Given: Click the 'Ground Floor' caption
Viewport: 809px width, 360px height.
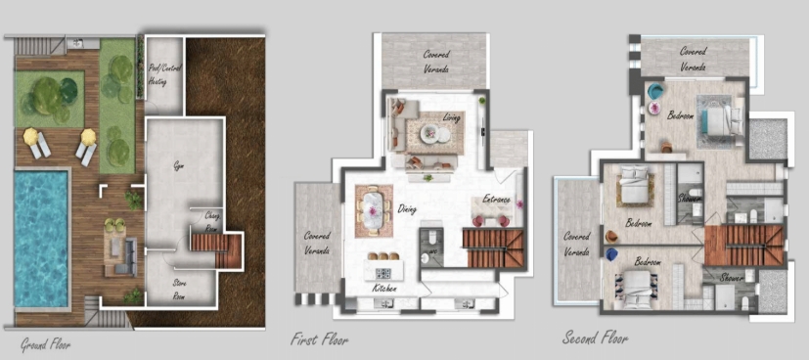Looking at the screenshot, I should [x=46, y=344].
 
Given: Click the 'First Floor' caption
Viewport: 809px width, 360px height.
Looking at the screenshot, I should [x=319, y=340].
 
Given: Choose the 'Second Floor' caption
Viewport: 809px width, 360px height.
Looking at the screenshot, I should [x=595, y=338].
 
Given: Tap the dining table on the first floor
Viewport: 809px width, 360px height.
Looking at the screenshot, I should [x=374, y=209].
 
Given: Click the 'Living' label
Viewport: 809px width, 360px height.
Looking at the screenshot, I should [x=451, y=119].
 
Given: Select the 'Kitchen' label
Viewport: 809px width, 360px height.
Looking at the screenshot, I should [x=384, y=291].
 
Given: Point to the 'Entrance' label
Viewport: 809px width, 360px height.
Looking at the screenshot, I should [x=497, y=200].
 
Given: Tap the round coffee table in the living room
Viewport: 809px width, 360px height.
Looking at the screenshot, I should [x=430, y=133].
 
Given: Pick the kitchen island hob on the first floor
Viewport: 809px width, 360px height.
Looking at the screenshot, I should [x=382, y=271].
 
